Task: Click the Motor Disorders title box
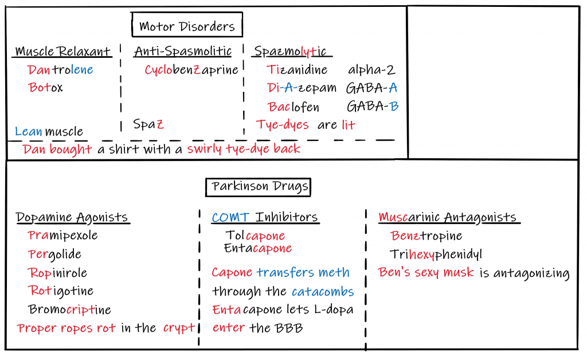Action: tap(187, 26)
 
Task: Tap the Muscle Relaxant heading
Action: tap(63, 52)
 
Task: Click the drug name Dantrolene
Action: tap(60, 70)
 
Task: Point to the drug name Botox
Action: tap(45, 88)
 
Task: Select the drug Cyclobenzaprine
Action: tap(191, 70)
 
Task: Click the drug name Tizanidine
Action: tap(297, 70)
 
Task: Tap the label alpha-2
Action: tap(371, 70)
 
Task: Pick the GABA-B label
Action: tap(372, 106)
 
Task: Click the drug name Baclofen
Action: tap(293, 107)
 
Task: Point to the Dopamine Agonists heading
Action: tap(72, 217)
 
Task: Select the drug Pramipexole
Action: tap(63, 236)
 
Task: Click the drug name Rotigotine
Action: tap(61, 291)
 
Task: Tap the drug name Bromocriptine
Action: tap(70, 310)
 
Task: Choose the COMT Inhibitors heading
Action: tap(265, 217)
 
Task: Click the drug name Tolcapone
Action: tap(255, 236)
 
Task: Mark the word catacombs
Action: tap(323, 291)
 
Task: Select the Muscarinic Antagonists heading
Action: tap(447, 217)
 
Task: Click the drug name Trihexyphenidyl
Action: tap(436, 254)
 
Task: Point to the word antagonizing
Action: tap(524, 273)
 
